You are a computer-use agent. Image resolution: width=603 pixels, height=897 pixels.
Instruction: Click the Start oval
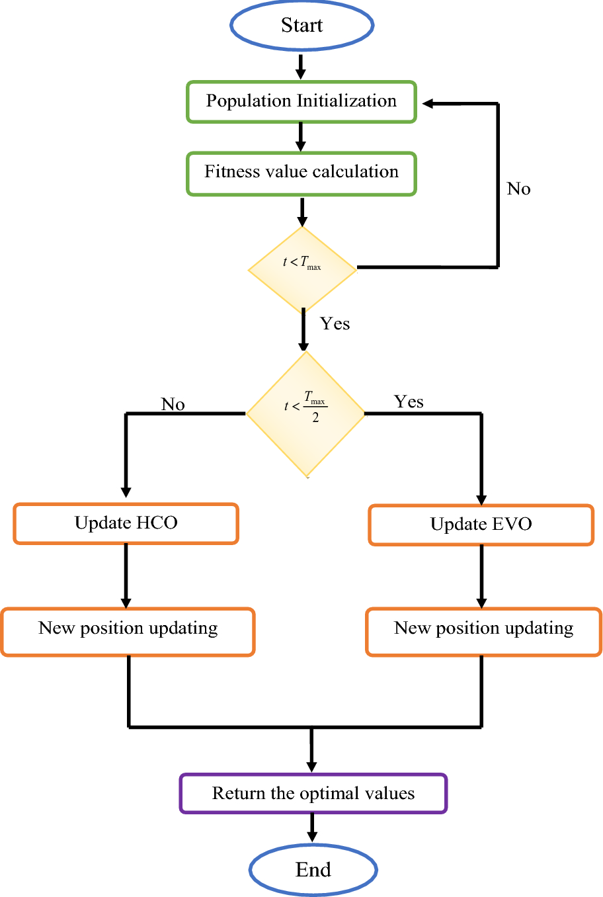(301, 25)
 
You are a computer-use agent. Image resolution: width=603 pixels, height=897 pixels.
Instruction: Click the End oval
(313, 869)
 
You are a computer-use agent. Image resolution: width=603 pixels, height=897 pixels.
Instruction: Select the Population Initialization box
(301, 102)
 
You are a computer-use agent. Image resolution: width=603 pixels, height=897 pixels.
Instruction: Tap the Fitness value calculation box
(301, 173)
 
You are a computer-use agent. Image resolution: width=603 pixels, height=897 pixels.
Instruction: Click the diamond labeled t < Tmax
(302, 269)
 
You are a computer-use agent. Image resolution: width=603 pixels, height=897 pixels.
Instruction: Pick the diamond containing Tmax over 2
(305, 413)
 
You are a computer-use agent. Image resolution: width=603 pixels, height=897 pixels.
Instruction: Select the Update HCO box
(126, 524)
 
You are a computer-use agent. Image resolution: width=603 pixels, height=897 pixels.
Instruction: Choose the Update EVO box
(481, 525)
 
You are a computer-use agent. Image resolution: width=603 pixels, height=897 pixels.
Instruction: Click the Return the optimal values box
(313, 793)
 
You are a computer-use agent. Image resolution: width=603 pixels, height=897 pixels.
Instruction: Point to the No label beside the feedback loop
(518, 189)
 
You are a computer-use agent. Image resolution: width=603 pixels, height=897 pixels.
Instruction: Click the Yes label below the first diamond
(335, 323)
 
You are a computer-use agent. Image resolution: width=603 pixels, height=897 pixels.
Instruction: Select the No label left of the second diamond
(173, 404)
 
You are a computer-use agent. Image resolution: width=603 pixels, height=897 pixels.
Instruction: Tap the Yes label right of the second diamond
(409, 402)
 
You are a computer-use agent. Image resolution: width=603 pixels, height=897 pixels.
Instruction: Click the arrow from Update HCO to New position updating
(126, 576)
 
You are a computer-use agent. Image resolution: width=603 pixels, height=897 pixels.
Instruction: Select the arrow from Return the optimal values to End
(312, 828)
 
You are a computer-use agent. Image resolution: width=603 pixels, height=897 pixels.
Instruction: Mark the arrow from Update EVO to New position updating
(481, 576)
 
